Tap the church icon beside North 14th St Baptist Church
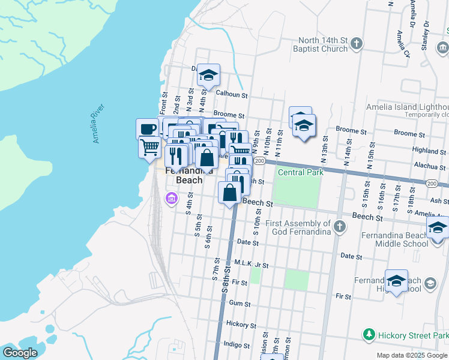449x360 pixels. [x=357, y=44]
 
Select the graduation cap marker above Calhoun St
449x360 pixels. [x=208, y=75]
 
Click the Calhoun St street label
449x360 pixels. [x=232, y=94]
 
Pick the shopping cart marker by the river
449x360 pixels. [x=149, y=146]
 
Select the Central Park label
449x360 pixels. [x=301, y=172]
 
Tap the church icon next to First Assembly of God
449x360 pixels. [x=340, y=226]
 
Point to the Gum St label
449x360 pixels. [x=239, y=304]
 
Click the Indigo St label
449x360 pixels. [x=236, y=345]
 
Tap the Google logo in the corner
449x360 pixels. [x=20, y=353]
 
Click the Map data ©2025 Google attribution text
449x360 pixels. [x=412, y=355]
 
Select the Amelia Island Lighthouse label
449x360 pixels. [x=407, y=107]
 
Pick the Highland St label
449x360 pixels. [x=429, y=151]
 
